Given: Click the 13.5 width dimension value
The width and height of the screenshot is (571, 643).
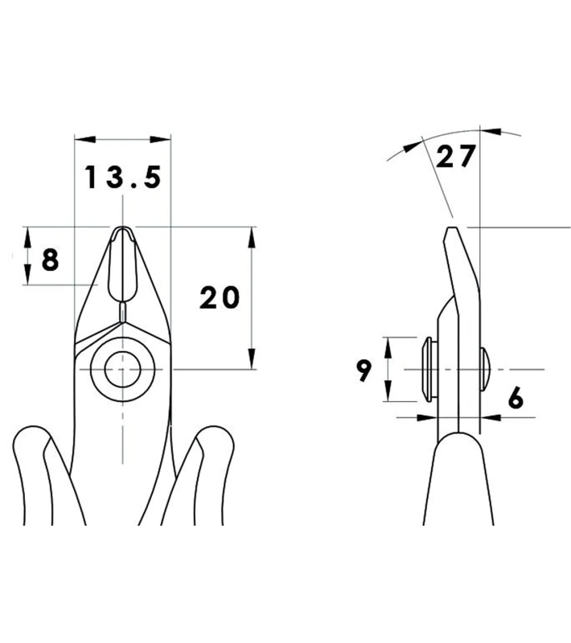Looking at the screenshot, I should click(x=123, y=178).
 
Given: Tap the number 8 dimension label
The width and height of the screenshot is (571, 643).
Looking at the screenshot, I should click(x=50, y=259).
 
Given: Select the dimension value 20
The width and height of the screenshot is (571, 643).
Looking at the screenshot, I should click(x=220, y=298).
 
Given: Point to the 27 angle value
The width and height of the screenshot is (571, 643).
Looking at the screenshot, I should click(x=455, y=158).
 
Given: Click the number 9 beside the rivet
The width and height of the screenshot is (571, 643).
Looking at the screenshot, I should click(x=364, y=371).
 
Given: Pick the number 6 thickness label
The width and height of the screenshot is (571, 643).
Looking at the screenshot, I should click(x=516, y=397).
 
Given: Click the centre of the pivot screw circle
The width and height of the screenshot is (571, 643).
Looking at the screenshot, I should click(x=122, y=369).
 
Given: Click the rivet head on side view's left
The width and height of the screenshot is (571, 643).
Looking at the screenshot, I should click(x=427, y=369).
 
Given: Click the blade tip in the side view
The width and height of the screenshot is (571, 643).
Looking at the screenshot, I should click(x=450, y=231).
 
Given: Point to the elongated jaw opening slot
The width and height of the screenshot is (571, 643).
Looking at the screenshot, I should click(x=122, y=265).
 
